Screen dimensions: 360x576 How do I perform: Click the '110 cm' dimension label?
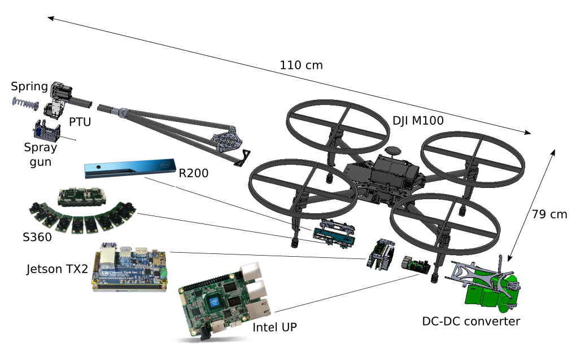302,65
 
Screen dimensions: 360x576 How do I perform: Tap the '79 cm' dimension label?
549,214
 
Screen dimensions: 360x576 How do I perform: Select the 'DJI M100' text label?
417,120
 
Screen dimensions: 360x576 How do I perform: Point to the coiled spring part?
25,103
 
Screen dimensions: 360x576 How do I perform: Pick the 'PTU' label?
80,121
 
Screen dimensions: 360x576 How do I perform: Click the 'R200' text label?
194,173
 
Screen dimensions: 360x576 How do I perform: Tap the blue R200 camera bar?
129,169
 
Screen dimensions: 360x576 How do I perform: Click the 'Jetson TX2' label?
57,269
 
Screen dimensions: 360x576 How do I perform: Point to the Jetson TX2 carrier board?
130,269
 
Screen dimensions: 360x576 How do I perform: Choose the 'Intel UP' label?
274,327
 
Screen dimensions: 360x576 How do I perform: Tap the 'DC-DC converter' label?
471,322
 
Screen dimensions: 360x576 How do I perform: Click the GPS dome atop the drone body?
393,151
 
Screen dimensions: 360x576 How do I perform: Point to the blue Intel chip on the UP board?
215,302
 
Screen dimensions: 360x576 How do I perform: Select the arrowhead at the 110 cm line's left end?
49,18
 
